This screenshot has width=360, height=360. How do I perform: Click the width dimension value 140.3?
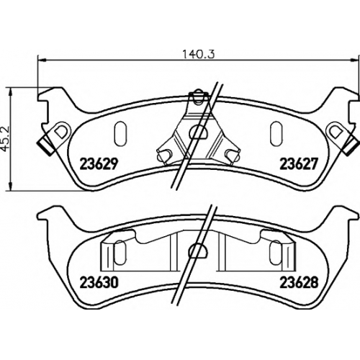[x=199, y=54]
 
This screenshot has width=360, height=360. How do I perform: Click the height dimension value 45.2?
[x=6, y=139]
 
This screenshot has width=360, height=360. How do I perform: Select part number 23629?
[x=99, y=164]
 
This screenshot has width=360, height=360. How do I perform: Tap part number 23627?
[x=299, y=164]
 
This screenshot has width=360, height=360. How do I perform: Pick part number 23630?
[x=99, y=282]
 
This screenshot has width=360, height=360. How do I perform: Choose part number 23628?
[x=299, y=282]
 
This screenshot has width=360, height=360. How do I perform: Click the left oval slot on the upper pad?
[x=120, y=134]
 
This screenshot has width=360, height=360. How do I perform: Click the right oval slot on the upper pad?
[x=276, y=134]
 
